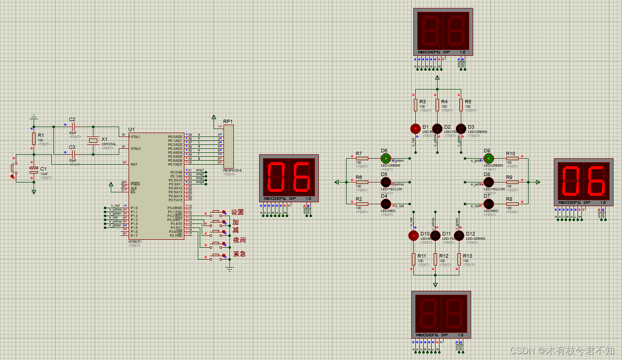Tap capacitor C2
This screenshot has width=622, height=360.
[73, 127]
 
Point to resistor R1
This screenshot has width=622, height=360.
[34, 138]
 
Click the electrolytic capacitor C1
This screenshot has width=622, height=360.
[34, 170]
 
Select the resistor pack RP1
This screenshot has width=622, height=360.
[228, 146]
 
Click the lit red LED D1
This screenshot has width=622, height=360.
[415, 129]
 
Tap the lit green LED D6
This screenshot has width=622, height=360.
[386, 158]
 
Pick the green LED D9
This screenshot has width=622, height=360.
[489, 158]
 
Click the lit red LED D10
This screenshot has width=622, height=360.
[413, 235]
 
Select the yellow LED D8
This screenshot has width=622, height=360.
[489, 182]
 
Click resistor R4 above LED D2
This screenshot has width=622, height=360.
[437, 105]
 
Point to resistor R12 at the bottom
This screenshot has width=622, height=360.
[435, 259]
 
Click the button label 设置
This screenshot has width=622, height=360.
[238, 213]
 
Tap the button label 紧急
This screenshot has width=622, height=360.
[239, 254]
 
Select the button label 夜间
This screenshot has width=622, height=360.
[239, 240]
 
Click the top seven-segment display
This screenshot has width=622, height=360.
[443, 32]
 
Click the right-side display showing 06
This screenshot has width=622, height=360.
[583, 182]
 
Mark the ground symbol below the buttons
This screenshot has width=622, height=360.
[229, 269]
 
